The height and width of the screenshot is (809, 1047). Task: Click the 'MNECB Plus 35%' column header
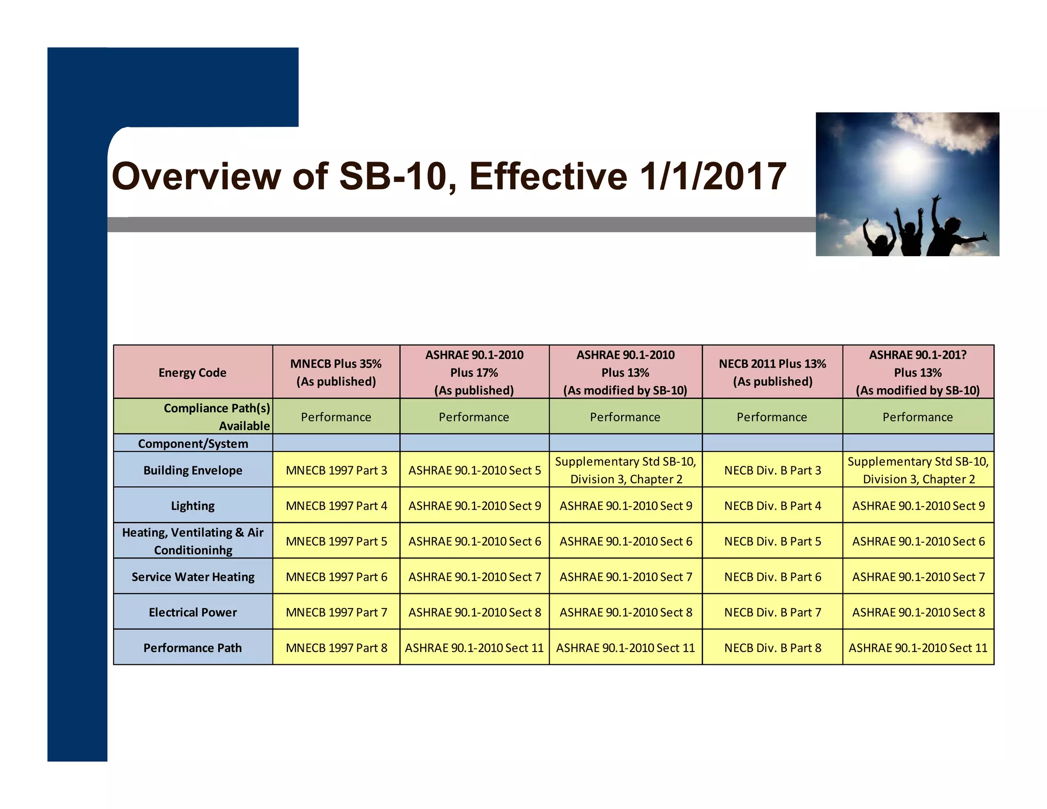(336, 372)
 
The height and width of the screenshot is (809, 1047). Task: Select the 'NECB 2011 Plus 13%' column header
(772, 372)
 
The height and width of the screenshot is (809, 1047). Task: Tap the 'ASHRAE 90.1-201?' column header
(918, 372)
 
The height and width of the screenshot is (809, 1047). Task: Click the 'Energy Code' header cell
(192, 372)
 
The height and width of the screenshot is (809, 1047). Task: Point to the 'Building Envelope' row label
(193, 470)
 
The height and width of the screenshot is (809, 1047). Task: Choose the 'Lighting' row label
(193, 505)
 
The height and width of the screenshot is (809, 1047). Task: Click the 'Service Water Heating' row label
(193, 576)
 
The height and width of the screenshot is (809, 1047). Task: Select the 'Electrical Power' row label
(193, 612)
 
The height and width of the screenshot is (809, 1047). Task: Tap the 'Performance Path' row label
(193, 647)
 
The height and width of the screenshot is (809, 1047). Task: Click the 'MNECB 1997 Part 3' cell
(336, 470)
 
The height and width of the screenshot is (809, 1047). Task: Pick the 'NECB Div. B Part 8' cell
(772, 647)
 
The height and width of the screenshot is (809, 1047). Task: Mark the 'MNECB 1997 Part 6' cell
(336, 576)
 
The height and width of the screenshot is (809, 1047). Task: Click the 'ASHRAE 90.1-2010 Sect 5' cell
(474, 470)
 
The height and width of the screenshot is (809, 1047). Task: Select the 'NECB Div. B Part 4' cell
(772, 505)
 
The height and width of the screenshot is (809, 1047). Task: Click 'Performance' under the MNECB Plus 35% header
(336, 417)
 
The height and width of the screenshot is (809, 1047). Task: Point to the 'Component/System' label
(193, 443)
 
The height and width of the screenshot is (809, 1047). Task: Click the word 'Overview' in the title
(196, 176)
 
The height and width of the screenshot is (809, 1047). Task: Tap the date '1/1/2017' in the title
(713, 176)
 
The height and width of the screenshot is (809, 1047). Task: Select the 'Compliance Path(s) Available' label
(217, 417)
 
